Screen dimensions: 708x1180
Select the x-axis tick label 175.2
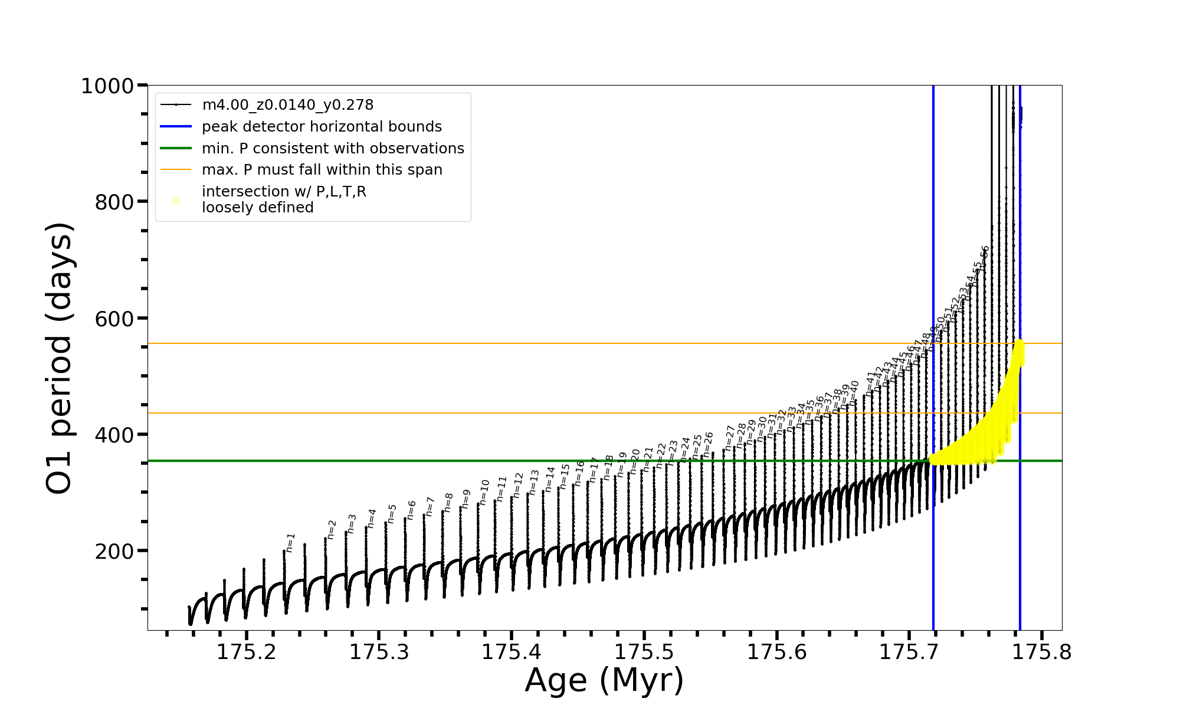(x=246, y=652)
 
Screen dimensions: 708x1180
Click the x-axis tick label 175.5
(x=644, y=652)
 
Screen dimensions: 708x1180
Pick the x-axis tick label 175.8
(x=1042, y=652)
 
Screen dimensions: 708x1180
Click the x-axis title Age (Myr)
(x=604, y=680)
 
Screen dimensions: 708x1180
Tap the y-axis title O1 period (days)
(x=59, y=358)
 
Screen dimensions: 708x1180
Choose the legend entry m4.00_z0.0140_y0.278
(x=287, y=105)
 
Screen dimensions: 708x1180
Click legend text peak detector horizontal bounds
(x=322, y=127)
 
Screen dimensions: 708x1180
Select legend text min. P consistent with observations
(x=333, y=149)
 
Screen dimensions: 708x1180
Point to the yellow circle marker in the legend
(x=176, y=201)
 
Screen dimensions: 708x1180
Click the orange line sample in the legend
(x=176, y=170)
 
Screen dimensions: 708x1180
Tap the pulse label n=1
(x=290, y=542)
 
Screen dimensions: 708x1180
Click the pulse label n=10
(x=484, y=491)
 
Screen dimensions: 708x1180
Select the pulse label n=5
(x=392, y=513)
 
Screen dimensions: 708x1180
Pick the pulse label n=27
(x=730, y=438)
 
